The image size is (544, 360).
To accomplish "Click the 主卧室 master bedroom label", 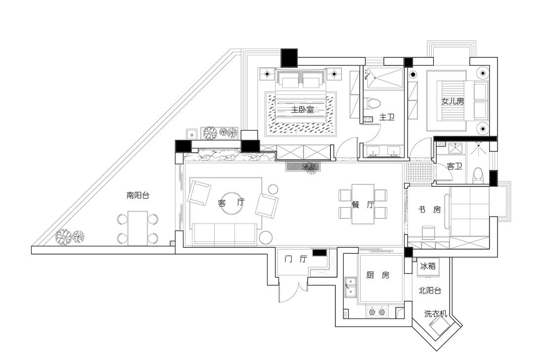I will [x=302, y=110].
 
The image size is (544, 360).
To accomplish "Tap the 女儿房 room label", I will [x=453, y=101].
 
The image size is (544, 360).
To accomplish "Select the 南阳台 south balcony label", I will [x=138, y=195].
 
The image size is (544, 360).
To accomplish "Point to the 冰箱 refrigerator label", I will [x=428, y=266].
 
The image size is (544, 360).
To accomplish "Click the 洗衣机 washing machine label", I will [x=436, y=314].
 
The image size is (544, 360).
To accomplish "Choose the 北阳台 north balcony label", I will [x=429, y=291].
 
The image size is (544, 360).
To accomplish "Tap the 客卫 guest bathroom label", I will [x=454, y=166].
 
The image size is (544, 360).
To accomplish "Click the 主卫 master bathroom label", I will [x=387, y=117].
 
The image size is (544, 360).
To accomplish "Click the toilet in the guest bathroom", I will [x=477, y=176].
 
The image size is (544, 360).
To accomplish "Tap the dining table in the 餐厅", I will [x=363, y=204].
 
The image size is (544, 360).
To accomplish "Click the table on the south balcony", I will [x=138, y=227].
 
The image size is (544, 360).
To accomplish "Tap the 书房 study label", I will [x=429, y=210].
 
